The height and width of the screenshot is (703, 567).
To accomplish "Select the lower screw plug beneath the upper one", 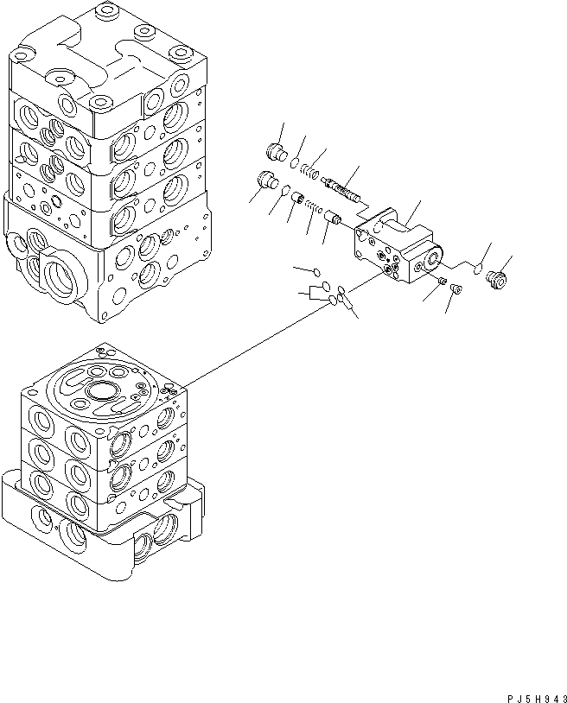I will pos(267,180).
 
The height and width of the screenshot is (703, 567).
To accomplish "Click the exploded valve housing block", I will pos(393,246).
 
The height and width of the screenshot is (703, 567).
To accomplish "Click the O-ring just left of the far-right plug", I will pos(475,267).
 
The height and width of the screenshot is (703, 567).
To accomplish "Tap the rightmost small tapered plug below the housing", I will pos(457,290).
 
